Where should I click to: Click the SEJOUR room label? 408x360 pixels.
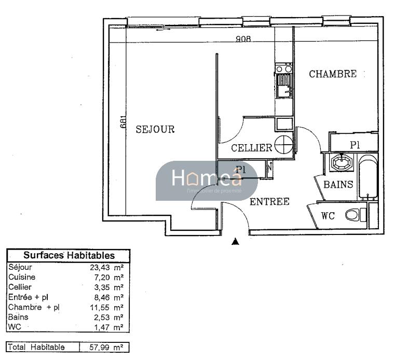(155, 129)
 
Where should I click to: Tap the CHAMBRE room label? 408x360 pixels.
(333, 74)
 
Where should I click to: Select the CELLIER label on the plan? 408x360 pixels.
(252, 148)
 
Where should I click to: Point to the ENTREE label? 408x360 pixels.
(269, 202)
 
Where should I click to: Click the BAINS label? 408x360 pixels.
(338, 184)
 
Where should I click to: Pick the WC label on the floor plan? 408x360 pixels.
(328, 216)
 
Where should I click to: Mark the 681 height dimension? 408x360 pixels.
(123, 120)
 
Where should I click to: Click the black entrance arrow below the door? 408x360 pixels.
(235, 241)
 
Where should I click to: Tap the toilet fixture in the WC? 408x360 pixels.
(354, 214)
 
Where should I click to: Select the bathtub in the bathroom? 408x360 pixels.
(368, 176)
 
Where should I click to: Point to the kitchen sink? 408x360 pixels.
(283, 86)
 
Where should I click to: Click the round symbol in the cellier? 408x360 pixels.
(283, 145)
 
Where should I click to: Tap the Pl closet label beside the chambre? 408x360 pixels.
(355, 145)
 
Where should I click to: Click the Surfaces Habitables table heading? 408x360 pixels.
(69, 256)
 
